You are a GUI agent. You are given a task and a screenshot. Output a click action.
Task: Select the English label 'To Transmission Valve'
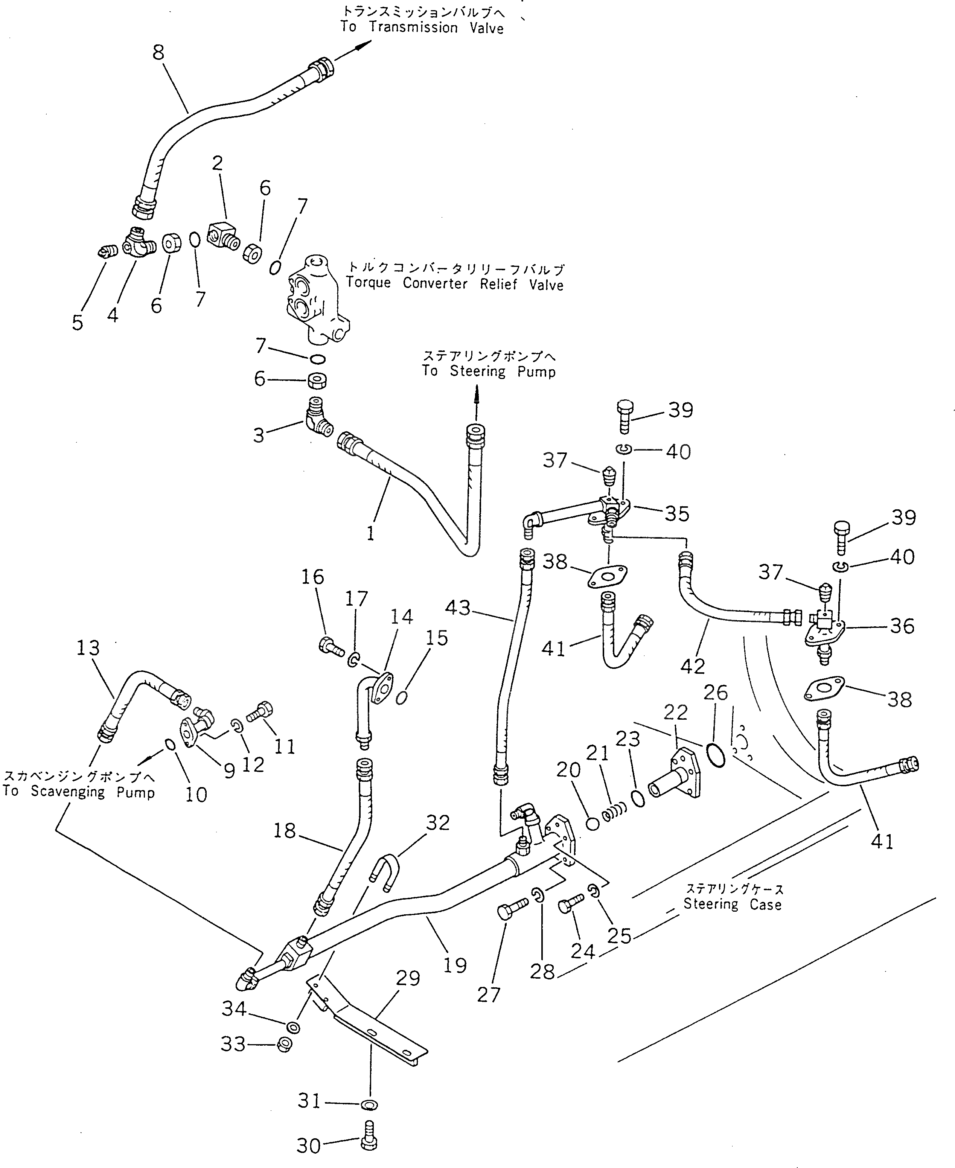click(x=421, y=27)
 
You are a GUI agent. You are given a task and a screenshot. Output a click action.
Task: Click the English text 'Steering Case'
click(x=732, y=905)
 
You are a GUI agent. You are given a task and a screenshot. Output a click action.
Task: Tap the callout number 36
click(x=902, y=626)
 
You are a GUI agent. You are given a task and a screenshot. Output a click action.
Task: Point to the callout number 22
click(x=676, y=713)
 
